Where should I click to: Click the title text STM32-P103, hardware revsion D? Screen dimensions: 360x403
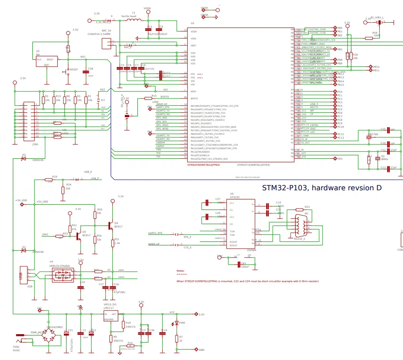[322, 188]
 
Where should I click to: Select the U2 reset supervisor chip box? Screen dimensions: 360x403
[46, 61]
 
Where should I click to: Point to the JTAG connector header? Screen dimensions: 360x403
[30, 121]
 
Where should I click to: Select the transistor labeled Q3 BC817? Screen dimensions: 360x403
[79, 235]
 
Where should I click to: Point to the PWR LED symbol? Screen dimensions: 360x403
[176, 323]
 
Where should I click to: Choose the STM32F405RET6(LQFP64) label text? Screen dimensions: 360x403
[203, 165]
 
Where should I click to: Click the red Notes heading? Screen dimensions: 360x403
[180, 271]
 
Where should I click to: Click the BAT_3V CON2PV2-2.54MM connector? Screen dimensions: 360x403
[106, 43]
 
